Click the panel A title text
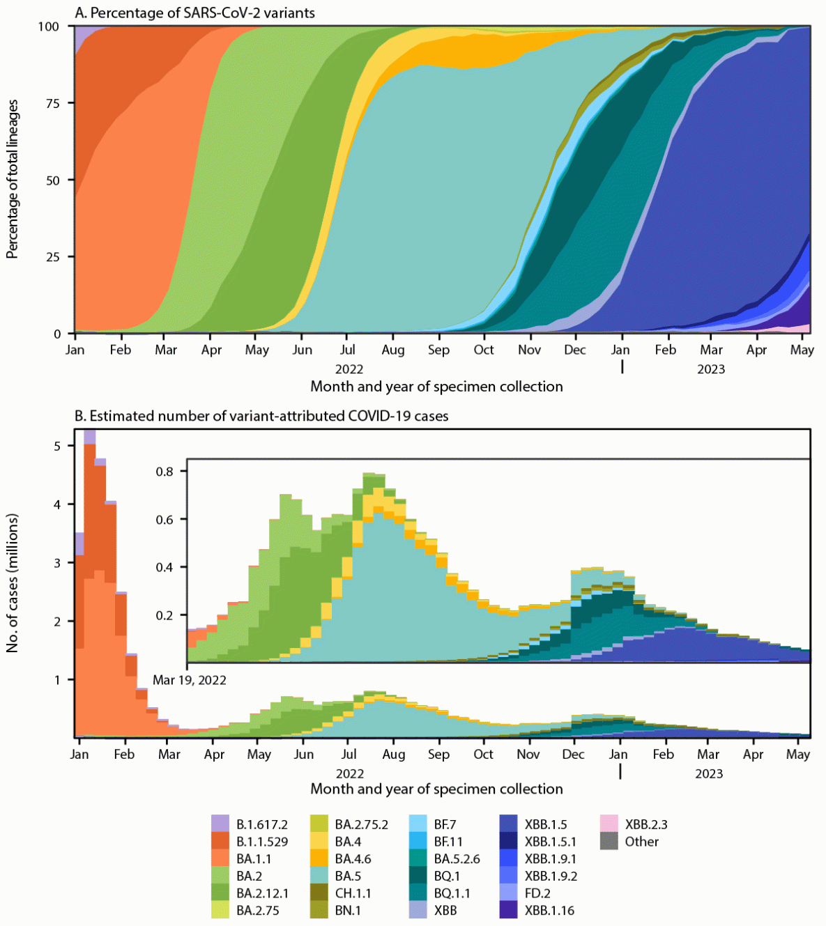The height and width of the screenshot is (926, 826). pyautogui.click(x=194, y=13)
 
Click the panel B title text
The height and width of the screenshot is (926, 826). pyautogui.click(x=261, y=416)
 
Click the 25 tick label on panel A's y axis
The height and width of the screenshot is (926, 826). pyautogui.click(x=53, y=257)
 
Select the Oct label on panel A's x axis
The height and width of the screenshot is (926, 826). pyautogui.click(x=483, y=350)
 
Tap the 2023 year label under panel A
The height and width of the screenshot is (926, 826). pyautogui.click(x=710, y=369)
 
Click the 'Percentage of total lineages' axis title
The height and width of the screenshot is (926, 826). pyautogui.click(x=13, y=180)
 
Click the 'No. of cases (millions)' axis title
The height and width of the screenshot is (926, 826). pyautogui.click(x=13, y=584)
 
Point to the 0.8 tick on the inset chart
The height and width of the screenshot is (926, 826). pyautogui.click(x=165, y=471)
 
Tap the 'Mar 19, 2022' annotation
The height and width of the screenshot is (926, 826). pyautogui.click(x=190, y=680)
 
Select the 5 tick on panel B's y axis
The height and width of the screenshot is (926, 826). pyautogui.click(x=58, y=446)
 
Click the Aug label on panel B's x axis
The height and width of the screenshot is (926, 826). pyautogui.click(x=394, y=754)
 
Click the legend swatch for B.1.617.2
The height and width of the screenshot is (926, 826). pyautogui.click(x=220, y=824)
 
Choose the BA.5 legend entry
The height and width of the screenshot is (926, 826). pyautogui.click(x=347, y=876)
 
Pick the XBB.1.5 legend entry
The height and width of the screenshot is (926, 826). pyautogui.click(x=545, y=824)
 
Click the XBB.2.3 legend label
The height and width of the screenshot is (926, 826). pyautogui.click(x=645, y=824)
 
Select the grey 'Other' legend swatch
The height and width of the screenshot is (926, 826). pyautogui.click(x=609, y=842)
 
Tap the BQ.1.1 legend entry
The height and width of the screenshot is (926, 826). pyautogui.click(x=452, y=893)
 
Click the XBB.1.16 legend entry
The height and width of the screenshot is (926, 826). pyautogui.click(x=549, y=910)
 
